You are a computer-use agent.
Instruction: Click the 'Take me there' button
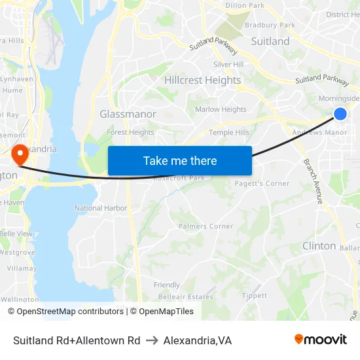tap(180, 160)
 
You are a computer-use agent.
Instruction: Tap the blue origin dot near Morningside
tap(340, 114)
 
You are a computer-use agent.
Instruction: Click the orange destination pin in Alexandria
tap(20, 154)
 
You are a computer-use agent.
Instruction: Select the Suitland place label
tap(270, 41)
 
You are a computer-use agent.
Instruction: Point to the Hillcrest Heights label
tap(202, 80)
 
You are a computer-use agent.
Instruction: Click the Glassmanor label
tap(128, 114)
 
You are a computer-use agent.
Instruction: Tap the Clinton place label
tap(319, 246)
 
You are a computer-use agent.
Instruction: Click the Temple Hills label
tap(228, 132)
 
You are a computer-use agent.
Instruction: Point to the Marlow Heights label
tap(221, 109)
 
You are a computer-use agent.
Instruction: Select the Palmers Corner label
tap(206, 226)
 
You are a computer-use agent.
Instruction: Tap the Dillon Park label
tap(244, 5)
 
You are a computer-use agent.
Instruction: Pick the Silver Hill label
tap(228, 65)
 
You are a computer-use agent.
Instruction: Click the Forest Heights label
tap(130, 132)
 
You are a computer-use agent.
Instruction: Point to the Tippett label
tap(254, 296)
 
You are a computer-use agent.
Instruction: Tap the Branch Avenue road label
tap(312, 181)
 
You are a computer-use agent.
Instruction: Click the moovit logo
tap(321, 340)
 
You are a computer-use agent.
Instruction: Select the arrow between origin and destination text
tap(152, 340)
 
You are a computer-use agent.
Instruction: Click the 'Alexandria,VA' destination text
tap(198, 340)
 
